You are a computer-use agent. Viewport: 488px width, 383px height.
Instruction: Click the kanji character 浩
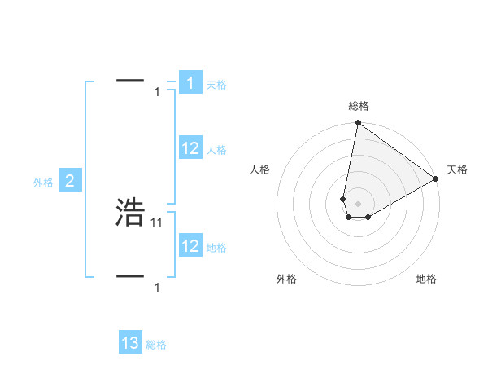130,212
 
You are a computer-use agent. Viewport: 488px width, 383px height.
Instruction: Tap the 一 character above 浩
130,81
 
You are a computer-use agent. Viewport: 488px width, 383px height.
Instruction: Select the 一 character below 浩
130,276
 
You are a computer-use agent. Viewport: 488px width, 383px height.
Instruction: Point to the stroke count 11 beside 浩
157,222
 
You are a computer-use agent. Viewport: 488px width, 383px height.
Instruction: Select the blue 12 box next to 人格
190,148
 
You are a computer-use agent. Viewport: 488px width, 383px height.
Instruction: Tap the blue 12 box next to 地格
190,246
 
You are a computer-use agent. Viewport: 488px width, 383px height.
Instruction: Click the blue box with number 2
70,182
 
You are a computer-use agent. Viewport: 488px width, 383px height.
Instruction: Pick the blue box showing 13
130,343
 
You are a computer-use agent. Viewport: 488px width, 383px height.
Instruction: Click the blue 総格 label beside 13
156,345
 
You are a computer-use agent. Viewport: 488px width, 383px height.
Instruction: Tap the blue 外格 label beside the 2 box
43,183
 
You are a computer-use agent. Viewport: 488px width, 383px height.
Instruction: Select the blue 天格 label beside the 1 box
216,84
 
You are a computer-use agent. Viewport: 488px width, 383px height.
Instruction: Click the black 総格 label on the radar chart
359,106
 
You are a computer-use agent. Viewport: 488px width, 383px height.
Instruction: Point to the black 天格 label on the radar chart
457,169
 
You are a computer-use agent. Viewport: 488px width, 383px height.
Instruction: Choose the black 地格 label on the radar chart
426,279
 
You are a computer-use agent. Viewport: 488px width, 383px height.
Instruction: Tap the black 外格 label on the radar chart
286,279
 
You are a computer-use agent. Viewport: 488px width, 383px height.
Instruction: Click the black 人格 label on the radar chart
260,169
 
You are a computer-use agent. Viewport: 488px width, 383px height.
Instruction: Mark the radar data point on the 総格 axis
358,124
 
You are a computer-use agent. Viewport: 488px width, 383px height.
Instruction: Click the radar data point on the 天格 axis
436,178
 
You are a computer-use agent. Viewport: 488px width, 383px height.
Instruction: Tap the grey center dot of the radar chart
358,203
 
